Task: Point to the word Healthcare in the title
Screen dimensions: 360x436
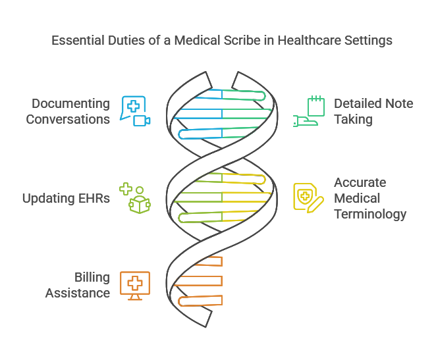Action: [x=308, y=41]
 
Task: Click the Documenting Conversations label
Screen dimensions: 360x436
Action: [x=68, y=111]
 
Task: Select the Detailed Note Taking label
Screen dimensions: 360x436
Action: [x=373, y=111]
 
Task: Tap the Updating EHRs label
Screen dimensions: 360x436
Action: [x=66, y=198]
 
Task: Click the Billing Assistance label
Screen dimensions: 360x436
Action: [x=78, y=285]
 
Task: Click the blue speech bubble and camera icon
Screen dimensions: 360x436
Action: [x=135, y=111]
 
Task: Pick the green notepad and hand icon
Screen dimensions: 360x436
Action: [x=306, y=111]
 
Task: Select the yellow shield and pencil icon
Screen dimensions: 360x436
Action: [x=308, y=197]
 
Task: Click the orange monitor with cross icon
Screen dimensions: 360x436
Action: [x=134, y=285]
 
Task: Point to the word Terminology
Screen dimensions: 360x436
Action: [x=370, y=214]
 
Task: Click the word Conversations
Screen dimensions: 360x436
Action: [x=68, y=119]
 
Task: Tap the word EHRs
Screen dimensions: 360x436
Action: [x=93, y=198]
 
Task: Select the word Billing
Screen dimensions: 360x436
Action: [x=92, y=277]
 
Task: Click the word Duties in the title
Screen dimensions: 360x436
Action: [x=123, y=41]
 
